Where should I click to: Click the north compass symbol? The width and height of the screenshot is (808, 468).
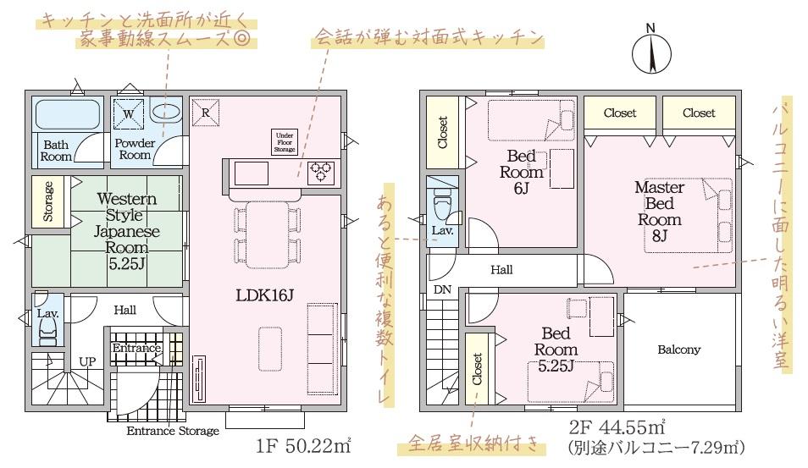coord(651,50)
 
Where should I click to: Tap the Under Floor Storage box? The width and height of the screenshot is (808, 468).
coord(285,142)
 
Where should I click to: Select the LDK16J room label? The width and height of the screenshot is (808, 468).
coord(264,295)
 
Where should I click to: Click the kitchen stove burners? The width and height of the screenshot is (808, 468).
coord(320,173)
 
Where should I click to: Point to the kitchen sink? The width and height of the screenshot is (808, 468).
coord(251,173)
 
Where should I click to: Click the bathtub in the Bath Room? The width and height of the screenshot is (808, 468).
coord(68,114)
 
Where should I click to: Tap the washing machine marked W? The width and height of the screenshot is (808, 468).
coord(129,114)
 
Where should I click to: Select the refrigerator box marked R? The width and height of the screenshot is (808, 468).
coord(206,113)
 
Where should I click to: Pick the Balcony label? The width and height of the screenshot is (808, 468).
coord(678,350)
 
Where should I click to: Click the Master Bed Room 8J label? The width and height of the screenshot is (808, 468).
coord(660,211)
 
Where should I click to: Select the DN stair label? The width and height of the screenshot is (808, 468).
coord(442,290)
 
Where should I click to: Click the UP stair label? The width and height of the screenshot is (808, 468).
coord(87,361)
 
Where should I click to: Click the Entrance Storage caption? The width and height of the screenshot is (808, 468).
coord(173,431)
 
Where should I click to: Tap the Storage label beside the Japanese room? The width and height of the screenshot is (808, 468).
coord(48,201)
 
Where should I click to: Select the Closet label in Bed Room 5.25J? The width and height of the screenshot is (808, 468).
coord(477,369)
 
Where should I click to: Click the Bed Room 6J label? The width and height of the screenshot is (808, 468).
coord(522,172)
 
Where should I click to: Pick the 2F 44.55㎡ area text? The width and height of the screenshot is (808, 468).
coord(617,427)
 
